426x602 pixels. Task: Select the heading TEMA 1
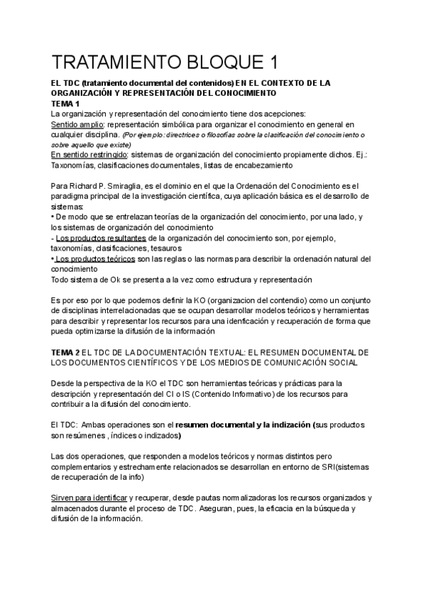(65, 104)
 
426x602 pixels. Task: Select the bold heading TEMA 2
(66, 352)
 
